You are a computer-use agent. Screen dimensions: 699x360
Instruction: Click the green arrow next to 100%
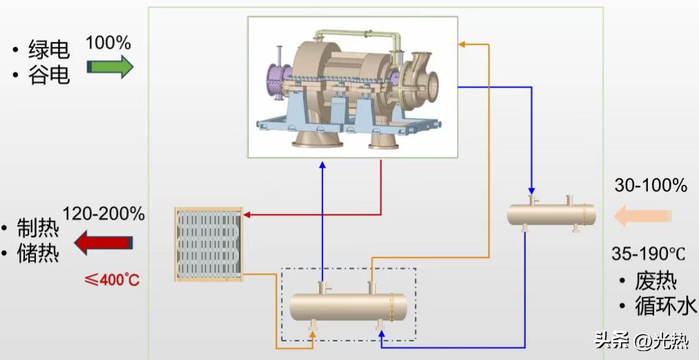(x=110, y=66)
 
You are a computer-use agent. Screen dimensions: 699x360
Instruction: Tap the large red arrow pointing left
(x=103, y=243)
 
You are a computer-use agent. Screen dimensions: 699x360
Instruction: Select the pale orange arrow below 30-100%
(x=642, y=216)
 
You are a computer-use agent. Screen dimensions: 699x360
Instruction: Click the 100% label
(x=108, y=43)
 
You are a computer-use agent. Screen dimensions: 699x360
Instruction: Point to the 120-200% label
(x=103, y=214)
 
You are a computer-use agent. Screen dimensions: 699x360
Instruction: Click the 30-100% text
(x=651, y=185)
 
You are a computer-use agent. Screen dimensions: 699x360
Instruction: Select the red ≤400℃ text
(x=112, y=280)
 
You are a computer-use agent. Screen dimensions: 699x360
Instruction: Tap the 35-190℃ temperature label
(x=648, y=253)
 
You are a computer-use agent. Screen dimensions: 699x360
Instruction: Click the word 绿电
(x=49, y=49)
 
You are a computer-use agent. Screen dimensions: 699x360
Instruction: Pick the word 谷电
(x=49, y=74)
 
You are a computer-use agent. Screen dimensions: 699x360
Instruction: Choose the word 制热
(x=38, y=228)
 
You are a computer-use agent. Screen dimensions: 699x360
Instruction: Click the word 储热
(x=38, y=253)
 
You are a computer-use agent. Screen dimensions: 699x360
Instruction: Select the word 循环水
(x=665, y=306)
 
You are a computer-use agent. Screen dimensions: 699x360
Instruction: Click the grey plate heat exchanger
(x=209, y=244)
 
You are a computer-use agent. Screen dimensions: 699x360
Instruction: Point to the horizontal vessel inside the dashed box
(x=348, y=306)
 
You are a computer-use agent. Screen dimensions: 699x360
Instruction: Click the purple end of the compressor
(x=277, y=80)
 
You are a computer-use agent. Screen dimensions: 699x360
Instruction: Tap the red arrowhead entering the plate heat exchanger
(x=247, y=215)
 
